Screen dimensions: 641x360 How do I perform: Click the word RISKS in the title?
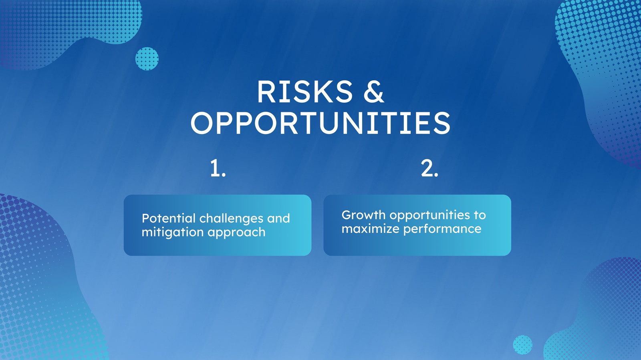[305, 92]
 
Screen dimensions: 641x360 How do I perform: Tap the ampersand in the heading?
[373, 92]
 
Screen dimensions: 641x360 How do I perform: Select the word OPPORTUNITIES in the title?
[320, 123]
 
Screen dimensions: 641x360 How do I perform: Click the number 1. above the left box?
[218, 168]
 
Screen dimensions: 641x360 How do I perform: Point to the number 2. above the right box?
[429, 168]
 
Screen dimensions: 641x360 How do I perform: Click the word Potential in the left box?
[169, 218]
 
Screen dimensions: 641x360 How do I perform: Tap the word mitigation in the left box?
[173, 232]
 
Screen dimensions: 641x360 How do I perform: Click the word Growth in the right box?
[363, 215]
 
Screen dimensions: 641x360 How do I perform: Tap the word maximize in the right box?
[370, 229]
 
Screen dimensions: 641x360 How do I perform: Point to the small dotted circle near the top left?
[147, 58]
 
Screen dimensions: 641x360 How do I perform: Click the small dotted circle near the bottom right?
[522, 345]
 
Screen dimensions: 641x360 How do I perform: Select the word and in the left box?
[278, 218]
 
